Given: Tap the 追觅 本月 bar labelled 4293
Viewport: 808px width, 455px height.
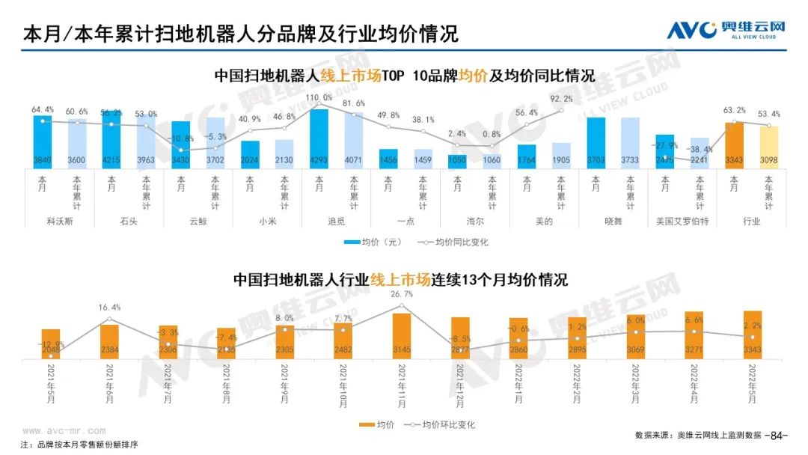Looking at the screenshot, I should coord(319,138).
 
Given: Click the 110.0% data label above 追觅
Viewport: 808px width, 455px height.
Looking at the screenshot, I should coord(319,98).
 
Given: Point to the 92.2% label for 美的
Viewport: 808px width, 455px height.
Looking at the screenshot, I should coord(561,99).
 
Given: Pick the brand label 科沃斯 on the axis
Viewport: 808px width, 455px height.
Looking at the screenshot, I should coord(61,222).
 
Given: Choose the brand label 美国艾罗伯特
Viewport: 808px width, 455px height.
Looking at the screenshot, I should coord(682,222).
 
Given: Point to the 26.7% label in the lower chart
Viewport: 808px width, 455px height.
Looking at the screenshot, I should coord(402,294).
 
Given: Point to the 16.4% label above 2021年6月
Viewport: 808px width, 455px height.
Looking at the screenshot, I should coord(109,308).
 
